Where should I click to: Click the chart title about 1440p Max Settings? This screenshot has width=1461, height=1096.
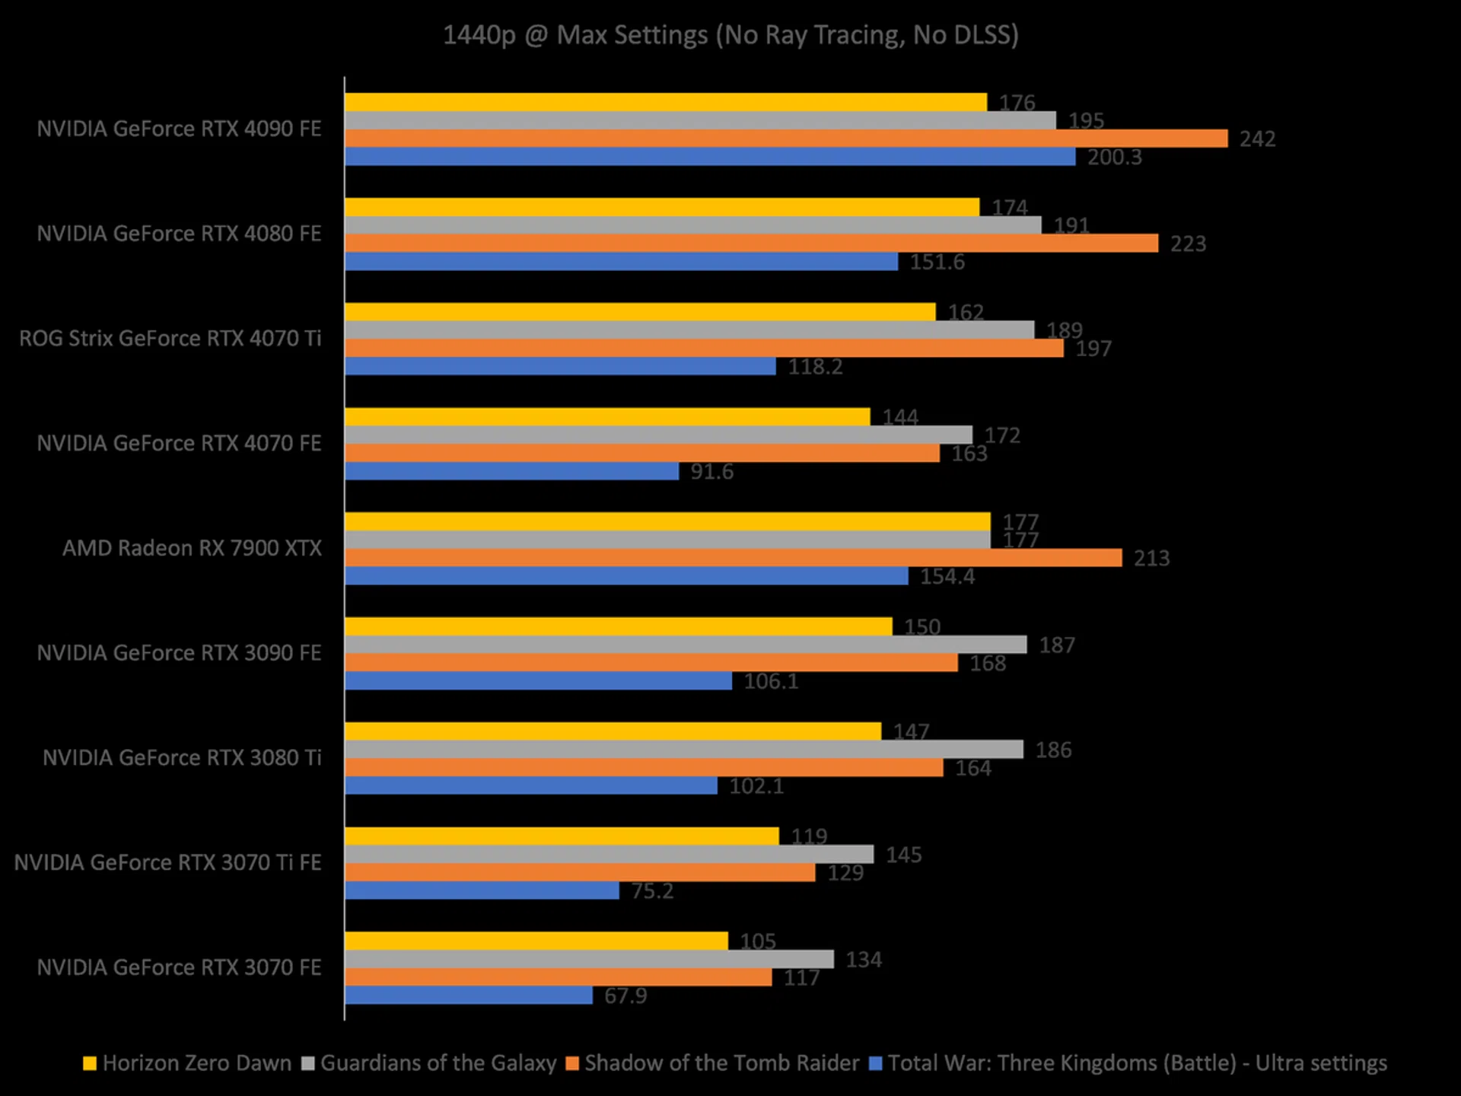click(730, 35)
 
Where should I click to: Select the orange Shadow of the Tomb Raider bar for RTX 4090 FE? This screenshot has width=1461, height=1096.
click(785, 139)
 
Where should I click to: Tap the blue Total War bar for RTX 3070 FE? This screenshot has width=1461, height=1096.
click(469, 995)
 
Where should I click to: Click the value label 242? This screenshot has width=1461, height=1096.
click(1257, 139)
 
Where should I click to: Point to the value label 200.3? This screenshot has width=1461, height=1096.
click(1114, 158)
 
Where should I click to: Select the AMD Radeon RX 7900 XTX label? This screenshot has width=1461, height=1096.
click(192, 548)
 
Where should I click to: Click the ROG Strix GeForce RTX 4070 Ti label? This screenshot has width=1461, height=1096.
click(170, 339)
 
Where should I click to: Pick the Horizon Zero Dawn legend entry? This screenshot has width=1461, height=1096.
click(196, 1063)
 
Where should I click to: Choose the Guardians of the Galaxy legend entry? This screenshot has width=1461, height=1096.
click(438, 1063)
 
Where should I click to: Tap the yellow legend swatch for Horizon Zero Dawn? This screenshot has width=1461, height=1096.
click(90, 1064)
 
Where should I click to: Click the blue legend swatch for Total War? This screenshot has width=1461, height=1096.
click(875, 1064)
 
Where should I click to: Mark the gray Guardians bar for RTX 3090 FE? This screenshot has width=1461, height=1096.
click(685, 645)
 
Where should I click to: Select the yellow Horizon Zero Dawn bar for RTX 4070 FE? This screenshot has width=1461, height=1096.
click(607, 417)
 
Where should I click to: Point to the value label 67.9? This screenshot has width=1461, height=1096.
click(625, 996)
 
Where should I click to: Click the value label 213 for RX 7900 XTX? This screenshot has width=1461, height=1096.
click(1151, 559)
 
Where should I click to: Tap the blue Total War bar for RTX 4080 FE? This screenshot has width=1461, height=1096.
click(621, 262)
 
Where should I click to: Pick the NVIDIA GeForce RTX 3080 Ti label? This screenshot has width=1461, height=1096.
click(182, 758)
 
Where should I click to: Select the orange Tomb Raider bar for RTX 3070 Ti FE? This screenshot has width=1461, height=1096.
click(580, 872)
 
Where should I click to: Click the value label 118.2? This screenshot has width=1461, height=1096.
click(815, 367)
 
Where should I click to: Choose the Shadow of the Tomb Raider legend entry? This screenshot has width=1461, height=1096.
click(721, 1063)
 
